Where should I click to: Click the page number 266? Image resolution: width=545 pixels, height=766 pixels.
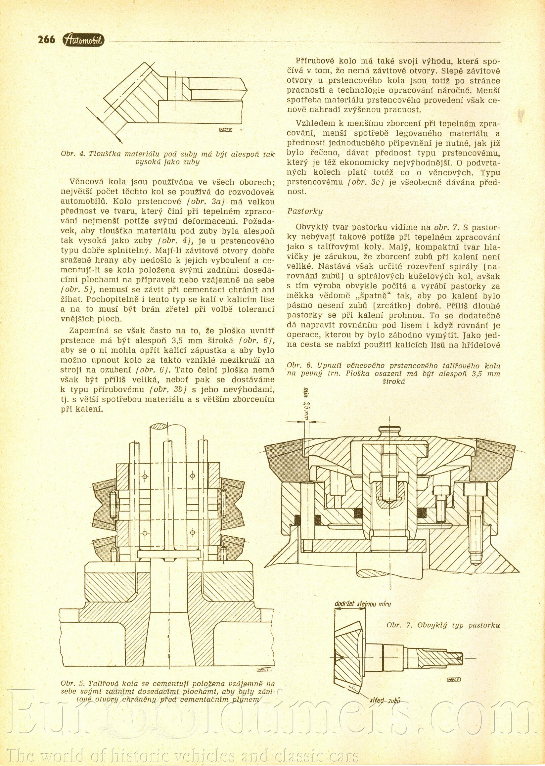46,40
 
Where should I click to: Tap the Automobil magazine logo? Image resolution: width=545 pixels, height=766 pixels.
84,40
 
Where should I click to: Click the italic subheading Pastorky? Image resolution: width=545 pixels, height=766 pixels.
305,211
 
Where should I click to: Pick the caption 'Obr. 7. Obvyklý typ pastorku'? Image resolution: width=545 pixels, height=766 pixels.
443,625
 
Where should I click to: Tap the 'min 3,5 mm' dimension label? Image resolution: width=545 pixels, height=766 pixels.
306,404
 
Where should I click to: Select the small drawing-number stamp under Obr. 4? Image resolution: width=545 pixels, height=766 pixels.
226,130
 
